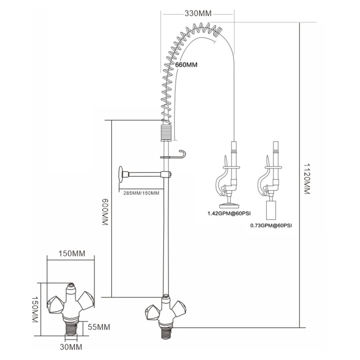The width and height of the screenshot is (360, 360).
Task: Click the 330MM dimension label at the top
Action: [x=198, y=13]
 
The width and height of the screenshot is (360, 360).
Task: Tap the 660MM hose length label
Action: [x=186, y=65]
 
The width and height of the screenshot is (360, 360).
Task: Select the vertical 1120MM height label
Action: [x=307, y=179]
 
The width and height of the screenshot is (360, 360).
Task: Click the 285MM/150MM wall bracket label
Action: [x=141, y=193]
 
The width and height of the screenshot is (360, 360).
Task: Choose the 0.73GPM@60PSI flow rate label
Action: [x=271, y=226]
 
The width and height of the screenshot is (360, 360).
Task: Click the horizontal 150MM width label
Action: [x=71, y=254]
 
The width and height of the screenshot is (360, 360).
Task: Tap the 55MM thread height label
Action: [x=99, y=327]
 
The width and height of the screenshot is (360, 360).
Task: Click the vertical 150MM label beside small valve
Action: [x=35, y=310]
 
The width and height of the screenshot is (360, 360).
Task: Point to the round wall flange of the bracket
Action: [x=121, y=175]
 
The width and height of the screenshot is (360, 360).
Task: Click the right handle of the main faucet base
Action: [x=180, y=310]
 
